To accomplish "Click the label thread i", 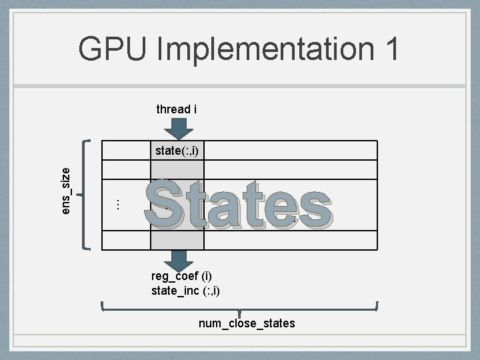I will coord(176,109).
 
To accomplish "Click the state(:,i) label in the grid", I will coord(177,151).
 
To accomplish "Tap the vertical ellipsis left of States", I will coord(117,203).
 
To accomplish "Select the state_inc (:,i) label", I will coord(185,290).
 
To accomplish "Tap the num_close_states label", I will coord(247,323).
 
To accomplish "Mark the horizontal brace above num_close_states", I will coord(239,309).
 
